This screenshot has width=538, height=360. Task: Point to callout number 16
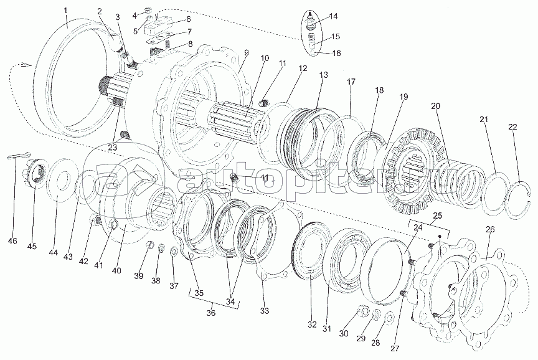pos(336,54)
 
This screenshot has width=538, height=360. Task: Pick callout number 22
pos(512,127)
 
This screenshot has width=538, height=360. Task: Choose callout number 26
pos(490,230)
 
